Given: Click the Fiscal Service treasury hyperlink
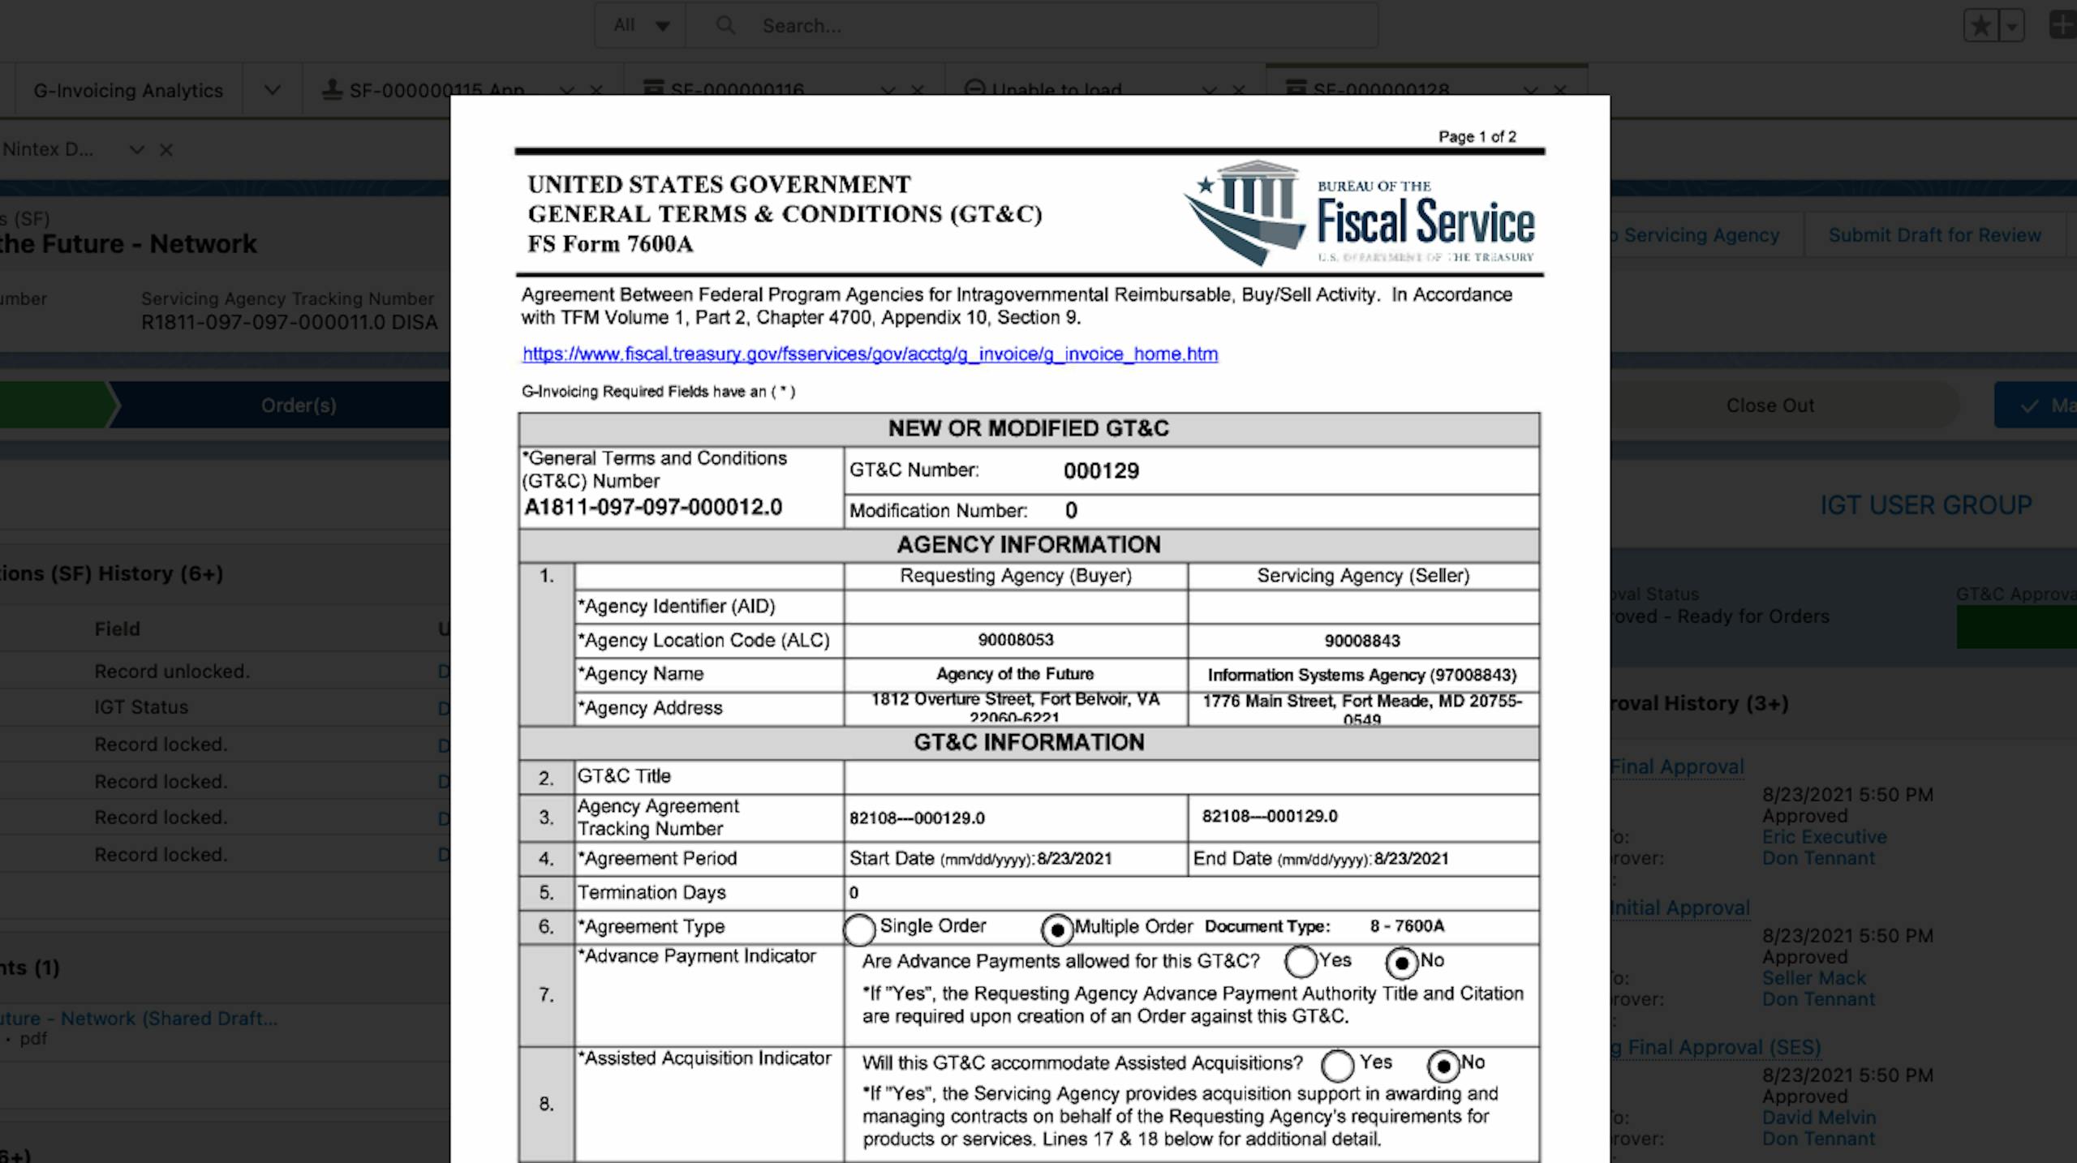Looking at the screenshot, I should coord(870,354).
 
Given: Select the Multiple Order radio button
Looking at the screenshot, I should coord(1057,929).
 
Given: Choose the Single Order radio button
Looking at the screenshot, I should coord(860,929).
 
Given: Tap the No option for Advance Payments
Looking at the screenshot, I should coord(1402,963).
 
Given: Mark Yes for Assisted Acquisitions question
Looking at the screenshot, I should coord(1338,1066).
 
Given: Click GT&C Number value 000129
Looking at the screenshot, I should coord(1101,471).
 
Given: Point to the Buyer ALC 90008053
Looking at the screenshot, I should coord(1015,640).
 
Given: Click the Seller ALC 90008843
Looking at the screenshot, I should coord(1362,641).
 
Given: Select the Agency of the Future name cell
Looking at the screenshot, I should coord(1015,674).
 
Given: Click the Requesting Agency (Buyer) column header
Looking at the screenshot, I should coord(1015,576).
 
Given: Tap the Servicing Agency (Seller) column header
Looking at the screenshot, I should coord(1363,576).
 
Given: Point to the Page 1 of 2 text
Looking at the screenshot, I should coord(1477,137).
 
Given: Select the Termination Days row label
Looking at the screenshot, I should coord(651,893).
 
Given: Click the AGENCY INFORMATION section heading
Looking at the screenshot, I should coord(1029,545).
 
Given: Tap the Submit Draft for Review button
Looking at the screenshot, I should coord(1934,235).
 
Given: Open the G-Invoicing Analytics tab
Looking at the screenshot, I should coord(128,91).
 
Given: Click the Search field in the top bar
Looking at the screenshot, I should coord(1055,26).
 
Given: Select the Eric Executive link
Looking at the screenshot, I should coord(1824,837).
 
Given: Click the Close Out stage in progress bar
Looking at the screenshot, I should coord(1770,406).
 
